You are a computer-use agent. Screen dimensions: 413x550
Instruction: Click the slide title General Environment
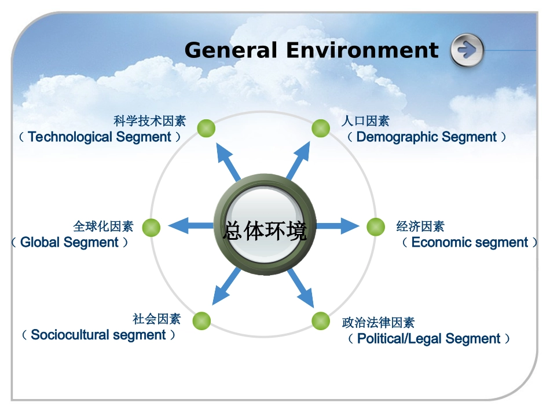pos(311,50)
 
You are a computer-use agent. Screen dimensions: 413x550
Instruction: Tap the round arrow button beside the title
pos(467,50)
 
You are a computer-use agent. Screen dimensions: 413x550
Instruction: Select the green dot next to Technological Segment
pos(206,128)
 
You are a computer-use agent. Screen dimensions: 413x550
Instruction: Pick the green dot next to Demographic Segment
pos(321,128)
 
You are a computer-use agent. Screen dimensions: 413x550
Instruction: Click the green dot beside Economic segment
pos(376,226)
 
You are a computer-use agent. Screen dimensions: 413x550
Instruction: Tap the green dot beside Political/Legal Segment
pos(321,321)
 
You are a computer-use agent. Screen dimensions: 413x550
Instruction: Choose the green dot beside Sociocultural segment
pos(201,320)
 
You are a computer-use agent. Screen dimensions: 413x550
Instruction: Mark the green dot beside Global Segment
pos(151,228)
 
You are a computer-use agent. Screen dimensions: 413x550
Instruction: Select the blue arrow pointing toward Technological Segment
pos(228,160)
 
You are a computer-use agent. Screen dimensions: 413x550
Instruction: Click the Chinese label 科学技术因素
pos(150,121)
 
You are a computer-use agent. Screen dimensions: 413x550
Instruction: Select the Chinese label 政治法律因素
pos(378,323)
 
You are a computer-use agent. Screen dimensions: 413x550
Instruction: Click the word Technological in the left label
pos(70,137)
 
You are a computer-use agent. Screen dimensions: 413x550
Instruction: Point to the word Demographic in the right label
pos(389,137)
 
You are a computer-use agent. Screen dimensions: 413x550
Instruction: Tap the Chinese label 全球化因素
pos(103,226)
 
